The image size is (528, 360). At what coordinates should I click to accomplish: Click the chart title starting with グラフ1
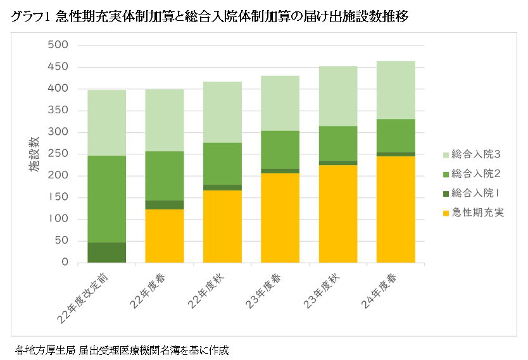(x=209, y=17)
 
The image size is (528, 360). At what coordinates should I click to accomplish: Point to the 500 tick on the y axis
(x=58, y=46)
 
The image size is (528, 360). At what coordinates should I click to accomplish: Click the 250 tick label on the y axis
(x=58, y=154)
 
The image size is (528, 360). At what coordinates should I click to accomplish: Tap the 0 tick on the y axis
(x=65, y=263)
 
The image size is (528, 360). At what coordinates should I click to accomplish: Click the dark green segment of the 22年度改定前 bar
(x=106, y=252)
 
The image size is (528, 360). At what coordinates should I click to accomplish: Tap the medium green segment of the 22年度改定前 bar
(x=106, y=199)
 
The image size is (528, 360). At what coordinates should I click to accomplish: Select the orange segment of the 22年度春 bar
(x=165, y=235)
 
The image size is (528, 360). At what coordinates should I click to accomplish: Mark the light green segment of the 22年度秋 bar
(x=222, y=112)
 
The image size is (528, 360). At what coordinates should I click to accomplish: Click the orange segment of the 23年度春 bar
(x=280, y=218)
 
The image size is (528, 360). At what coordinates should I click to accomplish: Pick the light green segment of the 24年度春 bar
(x=396, y=90)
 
